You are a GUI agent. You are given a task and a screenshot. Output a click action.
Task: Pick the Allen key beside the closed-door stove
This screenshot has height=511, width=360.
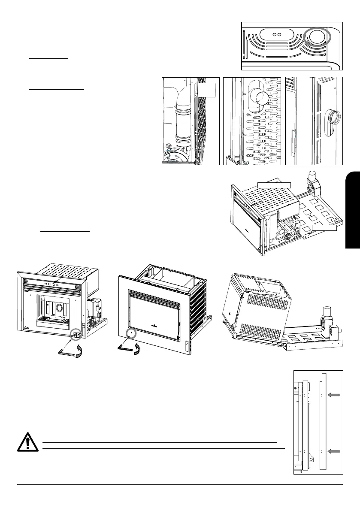click(124, 349)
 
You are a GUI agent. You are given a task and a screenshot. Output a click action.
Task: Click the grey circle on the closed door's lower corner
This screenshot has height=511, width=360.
click(129, 333)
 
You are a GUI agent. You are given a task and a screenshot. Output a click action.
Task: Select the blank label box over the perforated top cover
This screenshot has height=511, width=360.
click(274, 184)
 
